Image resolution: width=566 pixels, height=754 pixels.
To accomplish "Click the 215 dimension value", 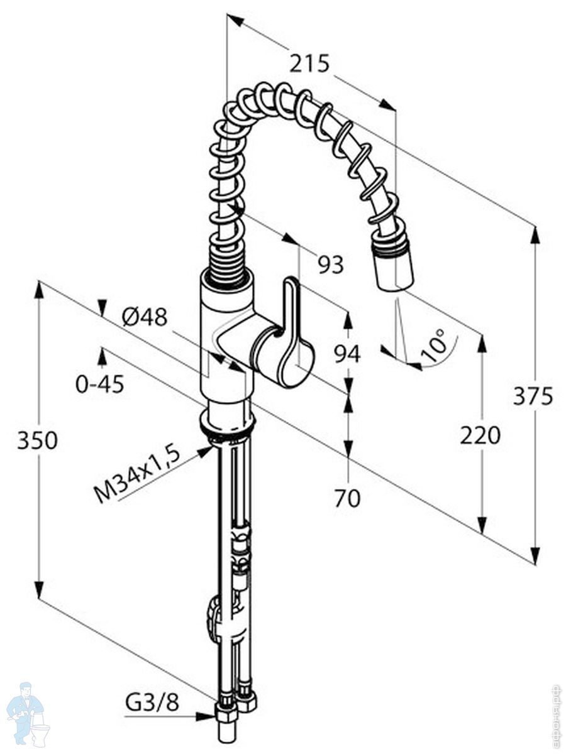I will [x=309, y=63].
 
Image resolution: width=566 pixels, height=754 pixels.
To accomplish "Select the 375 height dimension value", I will [x=533, y=396].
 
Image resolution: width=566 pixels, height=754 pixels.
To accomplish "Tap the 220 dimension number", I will [x=480, y=435].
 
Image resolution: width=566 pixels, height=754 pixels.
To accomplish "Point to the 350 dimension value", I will [x=37, y=440].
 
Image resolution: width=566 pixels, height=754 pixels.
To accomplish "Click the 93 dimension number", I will [x=330, y=265].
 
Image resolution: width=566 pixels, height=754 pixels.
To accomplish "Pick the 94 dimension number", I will [x=347, y=354].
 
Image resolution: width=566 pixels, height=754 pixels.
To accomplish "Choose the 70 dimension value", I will [x=347, y=498].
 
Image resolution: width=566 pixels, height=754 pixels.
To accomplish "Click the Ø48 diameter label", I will [x=145, y=318].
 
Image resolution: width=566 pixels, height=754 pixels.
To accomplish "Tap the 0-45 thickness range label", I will [x=100, y=384].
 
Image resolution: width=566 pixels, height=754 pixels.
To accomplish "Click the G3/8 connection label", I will [x=152, y=702].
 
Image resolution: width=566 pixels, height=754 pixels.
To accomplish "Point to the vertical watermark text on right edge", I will [x=555, y=713].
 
